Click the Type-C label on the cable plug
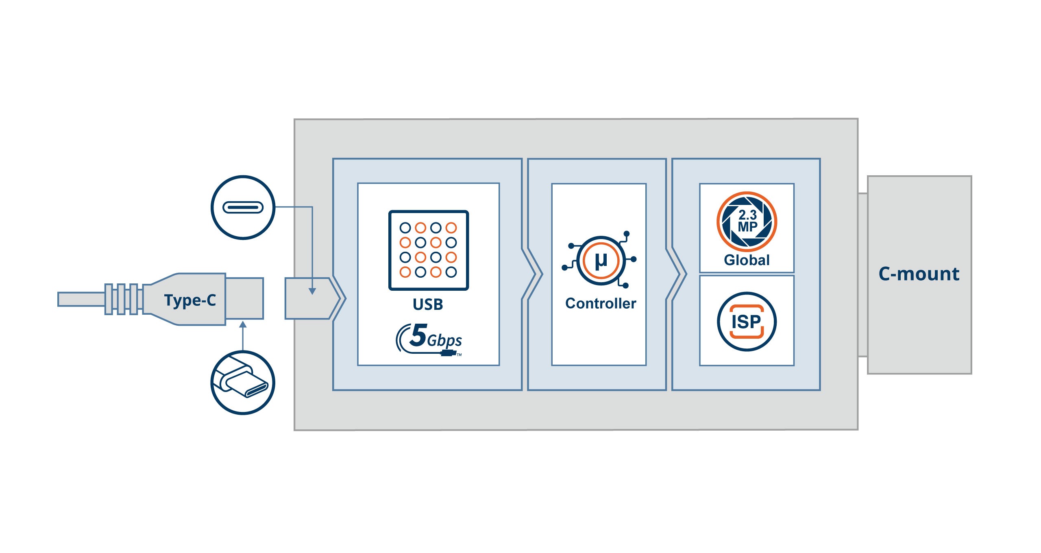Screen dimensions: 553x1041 tap(190, 300)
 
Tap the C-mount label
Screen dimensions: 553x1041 tap(919, 274)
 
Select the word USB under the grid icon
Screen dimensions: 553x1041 tap(428, 304)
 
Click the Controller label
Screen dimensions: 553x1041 tap(601, 303)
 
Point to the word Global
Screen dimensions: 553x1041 tap(747, 260)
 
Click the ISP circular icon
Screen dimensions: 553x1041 tap(747, 322)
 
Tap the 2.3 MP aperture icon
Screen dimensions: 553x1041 tap(747, 222)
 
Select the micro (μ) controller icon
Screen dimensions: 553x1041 tap(601, 260)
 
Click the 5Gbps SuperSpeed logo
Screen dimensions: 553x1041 tap(429, 339)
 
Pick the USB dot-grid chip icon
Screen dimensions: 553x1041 tap(428, 250)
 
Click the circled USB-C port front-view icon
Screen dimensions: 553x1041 tap(243, 207)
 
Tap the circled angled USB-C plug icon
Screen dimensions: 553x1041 tap(243, 383)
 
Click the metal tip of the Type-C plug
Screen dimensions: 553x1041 tap(244, 298)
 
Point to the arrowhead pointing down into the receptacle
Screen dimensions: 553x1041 tap(312, 291)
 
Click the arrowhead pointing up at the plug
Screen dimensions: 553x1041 tap(243, 325)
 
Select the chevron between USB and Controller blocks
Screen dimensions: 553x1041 tap(532, 274)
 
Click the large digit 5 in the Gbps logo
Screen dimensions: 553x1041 tap(418, 335)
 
